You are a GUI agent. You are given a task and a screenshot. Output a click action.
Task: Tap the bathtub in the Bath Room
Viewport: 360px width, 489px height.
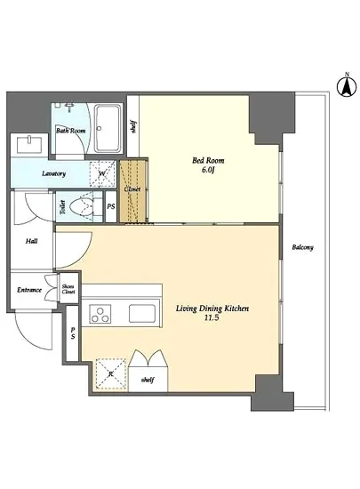coord(108,128)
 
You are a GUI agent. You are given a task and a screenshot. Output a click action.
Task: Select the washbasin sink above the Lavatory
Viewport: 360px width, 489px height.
coord(29,145)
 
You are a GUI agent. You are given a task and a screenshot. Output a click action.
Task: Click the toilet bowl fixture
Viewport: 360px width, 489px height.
coord(82,206)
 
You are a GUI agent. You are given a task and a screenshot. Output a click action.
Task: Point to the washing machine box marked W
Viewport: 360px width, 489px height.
coord(102,174)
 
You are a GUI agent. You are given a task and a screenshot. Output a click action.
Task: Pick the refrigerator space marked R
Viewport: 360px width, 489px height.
coord(110,373)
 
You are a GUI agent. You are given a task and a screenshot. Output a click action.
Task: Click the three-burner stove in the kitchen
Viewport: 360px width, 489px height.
coord(100,314)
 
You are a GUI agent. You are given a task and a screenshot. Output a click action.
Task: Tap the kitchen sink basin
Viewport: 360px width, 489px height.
coord(142,314)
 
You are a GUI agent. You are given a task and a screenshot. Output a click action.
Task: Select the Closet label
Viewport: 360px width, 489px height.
coord(132,189)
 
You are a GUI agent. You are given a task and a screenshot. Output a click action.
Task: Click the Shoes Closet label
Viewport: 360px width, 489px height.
coord(68,289)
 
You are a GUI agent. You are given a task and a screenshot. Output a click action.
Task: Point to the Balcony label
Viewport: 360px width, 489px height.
coord(302,247)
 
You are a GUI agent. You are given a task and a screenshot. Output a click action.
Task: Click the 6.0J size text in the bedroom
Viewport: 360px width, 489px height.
coord(209,171)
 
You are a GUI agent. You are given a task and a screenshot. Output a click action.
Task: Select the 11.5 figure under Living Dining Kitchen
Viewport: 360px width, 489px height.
coord(212,318)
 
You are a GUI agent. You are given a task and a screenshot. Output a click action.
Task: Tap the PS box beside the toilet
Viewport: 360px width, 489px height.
coord(111,206)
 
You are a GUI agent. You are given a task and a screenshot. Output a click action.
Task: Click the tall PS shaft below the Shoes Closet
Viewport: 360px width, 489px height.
coord(72,333)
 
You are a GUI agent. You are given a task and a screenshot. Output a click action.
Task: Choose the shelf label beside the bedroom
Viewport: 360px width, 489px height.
coord(133,127)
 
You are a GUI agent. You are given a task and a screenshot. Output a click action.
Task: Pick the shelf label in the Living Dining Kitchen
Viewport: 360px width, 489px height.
coord(148,380)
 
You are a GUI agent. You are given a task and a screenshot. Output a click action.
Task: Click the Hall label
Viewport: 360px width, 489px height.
coord(32,241)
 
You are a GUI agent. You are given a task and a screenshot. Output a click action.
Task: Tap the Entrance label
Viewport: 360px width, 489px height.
coord(29,290)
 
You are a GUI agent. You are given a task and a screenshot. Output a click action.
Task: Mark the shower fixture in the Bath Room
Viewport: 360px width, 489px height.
coord(69,107)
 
